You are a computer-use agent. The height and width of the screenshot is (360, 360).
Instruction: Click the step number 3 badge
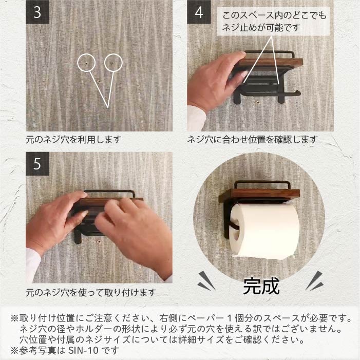coord(37,12)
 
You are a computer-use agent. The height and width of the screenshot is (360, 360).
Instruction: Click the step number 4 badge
coord(199,12)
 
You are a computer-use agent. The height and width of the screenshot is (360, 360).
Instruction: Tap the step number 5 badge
coord(37,164)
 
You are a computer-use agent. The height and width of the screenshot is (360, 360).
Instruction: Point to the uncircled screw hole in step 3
coord(99,81)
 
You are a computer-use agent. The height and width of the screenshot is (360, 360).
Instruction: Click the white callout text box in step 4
coord(273,22)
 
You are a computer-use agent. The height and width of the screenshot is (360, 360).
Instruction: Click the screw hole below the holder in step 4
coord(258,101)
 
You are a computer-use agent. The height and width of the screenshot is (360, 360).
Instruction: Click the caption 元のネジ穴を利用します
coord(73,139)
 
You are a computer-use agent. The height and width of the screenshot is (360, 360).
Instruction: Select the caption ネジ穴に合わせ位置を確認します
coord(253,139)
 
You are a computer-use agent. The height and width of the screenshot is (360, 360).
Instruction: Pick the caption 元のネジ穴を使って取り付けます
coord(91,293)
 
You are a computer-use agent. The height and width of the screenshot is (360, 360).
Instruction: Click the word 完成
coord(261,286)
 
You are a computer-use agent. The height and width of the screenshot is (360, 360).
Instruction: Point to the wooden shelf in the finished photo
coord(259,195)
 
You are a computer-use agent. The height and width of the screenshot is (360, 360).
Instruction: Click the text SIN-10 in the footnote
coord(83,350)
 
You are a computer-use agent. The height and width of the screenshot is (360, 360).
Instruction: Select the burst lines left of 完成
coord(206,281)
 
